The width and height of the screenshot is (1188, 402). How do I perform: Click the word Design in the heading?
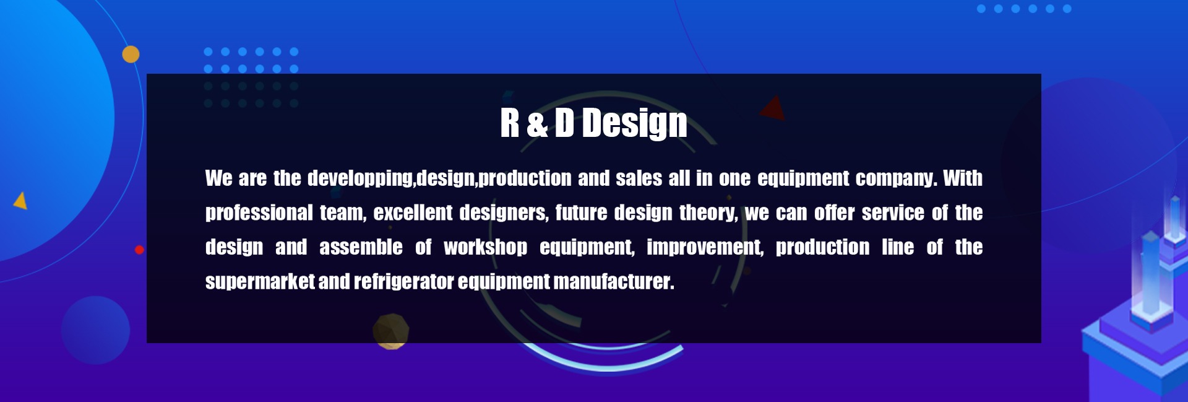point(634,123)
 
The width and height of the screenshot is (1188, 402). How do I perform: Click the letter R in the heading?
point(509,123)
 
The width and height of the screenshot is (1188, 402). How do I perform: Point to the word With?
point(963,178)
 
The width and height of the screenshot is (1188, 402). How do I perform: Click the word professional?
point(259,213)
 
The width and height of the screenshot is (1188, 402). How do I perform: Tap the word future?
point(581,213)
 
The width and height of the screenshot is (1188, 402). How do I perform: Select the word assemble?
point(361,247)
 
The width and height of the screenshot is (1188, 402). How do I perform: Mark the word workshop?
point(485,248)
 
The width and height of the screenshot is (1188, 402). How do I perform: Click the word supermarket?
point(260,282)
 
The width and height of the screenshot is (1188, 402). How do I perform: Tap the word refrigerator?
point(404,282)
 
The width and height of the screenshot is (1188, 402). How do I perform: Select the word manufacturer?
point(614,282)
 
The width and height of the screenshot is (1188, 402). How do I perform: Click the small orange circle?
point(131,55)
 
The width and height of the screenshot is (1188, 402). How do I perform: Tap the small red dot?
point(139,250)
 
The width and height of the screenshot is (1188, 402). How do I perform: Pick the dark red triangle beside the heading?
point(773,108)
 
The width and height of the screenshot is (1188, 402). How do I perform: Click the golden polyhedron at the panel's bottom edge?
point(390,331)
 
